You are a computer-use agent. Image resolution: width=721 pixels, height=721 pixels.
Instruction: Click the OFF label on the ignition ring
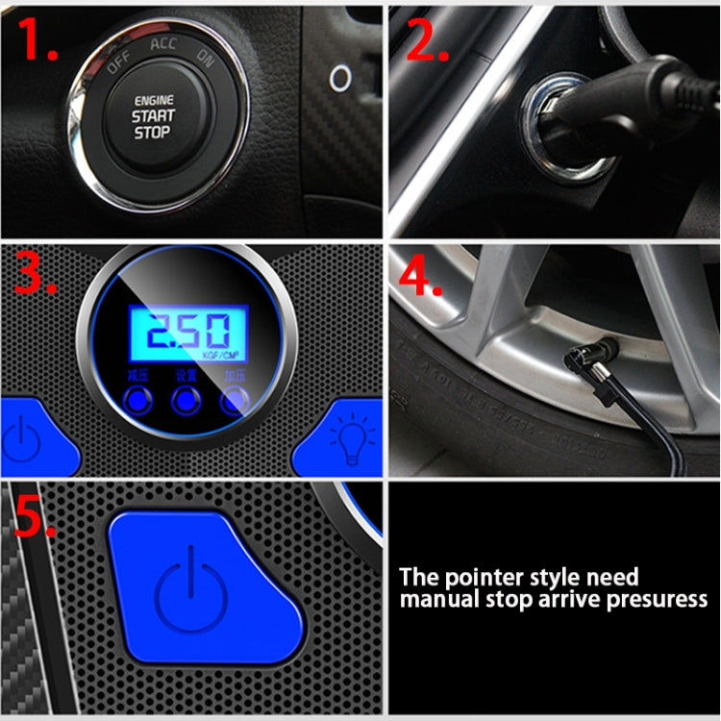click(118, 64)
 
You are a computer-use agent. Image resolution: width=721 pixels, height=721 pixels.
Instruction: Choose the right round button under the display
click(233, 400)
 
